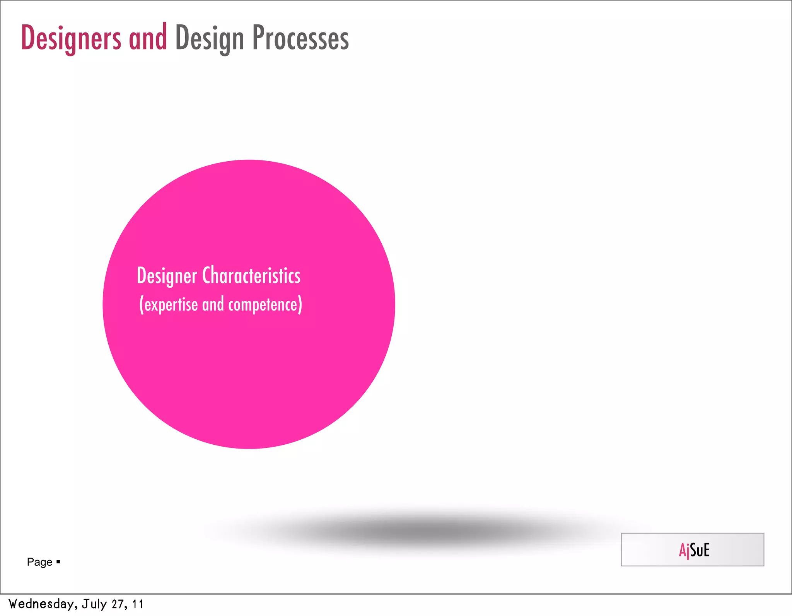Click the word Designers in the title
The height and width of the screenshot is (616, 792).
coord(71,38)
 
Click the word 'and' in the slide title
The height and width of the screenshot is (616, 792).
coord(148,38)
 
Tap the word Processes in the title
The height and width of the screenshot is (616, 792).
coord(300,38)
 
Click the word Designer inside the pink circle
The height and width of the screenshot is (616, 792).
coord(167,276)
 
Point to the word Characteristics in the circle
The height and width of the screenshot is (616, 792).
coord(251,275)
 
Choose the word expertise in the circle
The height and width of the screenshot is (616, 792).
coord(171,305)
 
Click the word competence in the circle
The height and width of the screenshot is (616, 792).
coord(263,305)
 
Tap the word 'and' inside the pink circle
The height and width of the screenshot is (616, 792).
coord(213,304)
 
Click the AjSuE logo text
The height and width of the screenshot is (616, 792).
coord(694,550)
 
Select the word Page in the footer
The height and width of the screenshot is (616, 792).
coord(39,562)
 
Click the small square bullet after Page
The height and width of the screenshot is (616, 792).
coord(58,561)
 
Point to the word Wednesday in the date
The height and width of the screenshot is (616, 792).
coord(40,604)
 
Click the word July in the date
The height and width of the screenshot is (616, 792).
coord(94,604)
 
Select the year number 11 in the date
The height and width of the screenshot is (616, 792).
coord(138,604)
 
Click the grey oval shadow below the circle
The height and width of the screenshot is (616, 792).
coord(422,532)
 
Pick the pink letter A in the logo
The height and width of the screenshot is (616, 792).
coord(683,550)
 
